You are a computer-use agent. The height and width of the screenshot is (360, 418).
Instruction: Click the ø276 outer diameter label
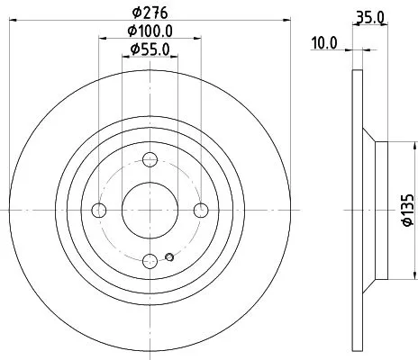(150, 13)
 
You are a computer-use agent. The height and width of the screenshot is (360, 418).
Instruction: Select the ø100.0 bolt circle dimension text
(150, 32)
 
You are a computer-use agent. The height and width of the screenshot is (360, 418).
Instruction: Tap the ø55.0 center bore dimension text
(150, 50)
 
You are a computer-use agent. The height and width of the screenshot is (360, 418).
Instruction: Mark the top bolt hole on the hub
(150, 160)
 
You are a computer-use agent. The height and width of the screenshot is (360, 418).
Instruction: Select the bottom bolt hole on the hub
(150, 260)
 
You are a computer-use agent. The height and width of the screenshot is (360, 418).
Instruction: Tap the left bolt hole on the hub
(100, 211)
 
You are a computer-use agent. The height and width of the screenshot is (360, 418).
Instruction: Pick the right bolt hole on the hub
(201, 211)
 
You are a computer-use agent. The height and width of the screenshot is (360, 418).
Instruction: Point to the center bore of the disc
(150, 211)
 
